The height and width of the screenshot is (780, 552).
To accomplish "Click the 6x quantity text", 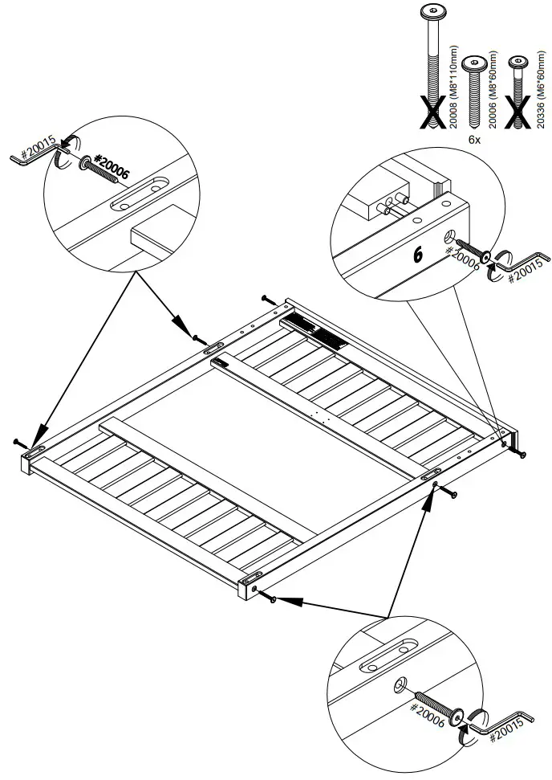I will coord(474,139).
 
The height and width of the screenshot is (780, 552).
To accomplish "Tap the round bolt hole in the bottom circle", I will coord(399,684).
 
